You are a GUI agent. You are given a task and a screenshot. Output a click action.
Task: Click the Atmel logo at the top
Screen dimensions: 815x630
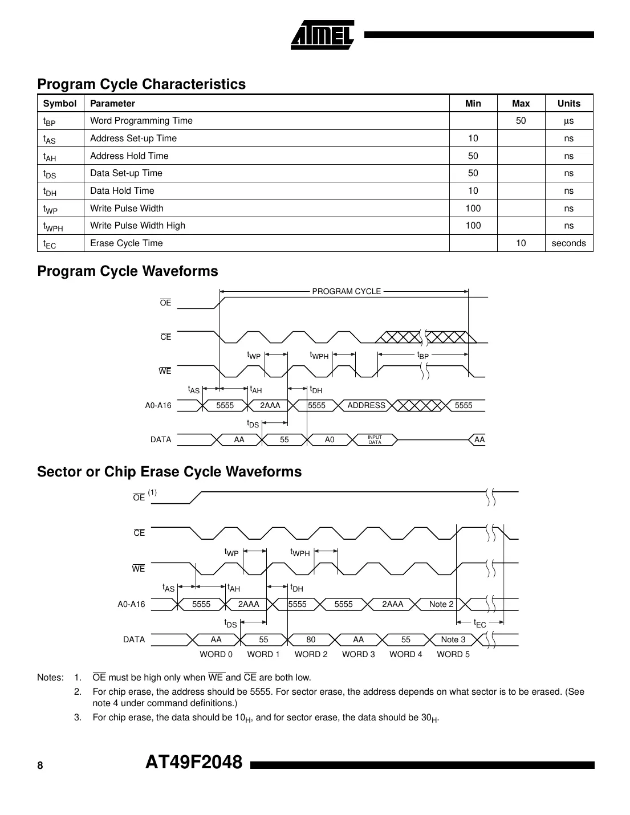point(322,35)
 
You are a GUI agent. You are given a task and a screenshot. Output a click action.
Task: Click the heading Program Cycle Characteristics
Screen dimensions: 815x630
point(141,84)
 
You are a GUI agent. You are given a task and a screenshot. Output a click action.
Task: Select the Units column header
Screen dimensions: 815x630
point(568,103)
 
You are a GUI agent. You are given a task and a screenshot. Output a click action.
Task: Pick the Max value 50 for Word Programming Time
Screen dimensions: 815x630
point(521,121)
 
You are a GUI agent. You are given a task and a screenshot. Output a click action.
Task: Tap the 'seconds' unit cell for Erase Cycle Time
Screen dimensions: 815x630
point(568,243)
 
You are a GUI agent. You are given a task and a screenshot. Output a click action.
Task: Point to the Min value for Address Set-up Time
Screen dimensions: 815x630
point(473,138)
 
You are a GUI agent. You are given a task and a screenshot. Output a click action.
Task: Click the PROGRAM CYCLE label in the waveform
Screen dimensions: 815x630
point(346,291)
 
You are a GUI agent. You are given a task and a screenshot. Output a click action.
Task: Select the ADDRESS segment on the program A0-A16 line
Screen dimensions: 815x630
point(366,405)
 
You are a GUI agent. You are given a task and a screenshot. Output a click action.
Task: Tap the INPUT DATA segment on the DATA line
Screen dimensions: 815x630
point(375,440)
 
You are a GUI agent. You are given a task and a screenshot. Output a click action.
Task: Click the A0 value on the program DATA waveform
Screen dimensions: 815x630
point(330,440)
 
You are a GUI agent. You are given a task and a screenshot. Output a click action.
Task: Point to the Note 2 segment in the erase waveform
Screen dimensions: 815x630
point(441,604)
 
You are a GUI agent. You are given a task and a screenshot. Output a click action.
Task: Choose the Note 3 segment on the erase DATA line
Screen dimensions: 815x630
point(453,639)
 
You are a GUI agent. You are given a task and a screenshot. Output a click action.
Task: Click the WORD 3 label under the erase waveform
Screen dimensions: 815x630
point(358,654)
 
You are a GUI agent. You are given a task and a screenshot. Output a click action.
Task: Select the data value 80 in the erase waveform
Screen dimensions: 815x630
point(311,639)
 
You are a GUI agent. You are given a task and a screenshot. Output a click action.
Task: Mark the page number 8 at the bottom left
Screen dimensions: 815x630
point(40,766)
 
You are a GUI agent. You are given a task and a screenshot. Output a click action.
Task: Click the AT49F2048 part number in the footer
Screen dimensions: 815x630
point(194,763)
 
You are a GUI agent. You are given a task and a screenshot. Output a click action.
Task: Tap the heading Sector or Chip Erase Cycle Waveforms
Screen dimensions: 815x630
point(169,472)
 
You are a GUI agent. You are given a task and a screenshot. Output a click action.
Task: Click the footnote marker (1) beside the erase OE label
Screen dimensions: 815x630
point(152,492)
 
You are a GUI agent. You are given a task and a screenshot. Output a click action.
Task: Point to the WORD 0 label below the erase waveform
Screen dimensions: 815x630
point(216,654)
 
